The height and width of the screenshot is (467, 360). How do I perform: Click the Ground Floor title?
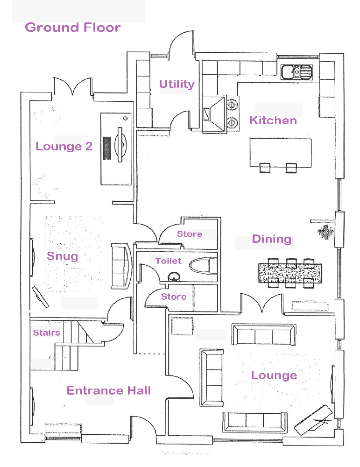pos(73,27)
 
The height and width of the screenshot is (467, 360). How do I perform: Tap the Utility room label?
pos(176,84)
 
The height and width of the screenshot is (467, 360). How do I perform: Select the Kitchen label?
pos(273,120)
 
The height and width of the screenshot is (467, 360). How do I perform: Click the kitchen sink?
pos(296,72)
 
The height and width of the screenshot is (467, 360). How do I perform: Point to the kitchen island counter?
pos(281,151)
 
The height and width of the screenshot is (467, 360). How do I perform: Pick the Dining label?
pos(271,239)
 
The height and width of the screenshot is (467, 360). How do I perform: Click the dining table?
pos(290,272)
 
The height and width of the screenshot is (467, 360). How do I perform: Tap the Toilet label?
pos(169,261)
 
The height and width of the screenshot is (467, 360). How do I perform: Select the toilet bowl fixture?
pos(203,267)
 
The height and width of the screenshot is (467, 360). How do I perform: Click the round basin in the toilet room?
pos(175,277)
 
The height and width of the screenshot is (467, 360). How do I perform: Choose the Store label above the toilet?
pos(190,234)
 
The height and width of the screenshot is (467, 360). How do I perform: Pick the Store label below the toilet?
pos(174,297)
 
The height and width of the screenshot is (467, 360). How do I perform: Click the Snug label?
pos(63,256)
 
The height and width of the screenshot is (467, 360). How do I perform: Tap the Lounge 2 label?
pos(64,147)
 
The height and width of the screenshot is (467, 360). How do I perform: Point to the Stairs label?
pos(47,333)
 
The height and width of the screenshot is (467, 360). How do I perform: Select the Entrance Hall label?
pos(109,390)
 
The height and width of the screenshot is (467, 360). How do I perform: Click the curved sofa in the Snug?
pos(122,267)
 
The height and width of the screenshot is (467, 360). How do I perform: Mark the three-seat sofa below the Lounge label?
pos(255,422)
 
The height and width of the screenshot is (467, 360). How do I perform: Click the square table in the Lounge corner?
pos(182,325)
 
